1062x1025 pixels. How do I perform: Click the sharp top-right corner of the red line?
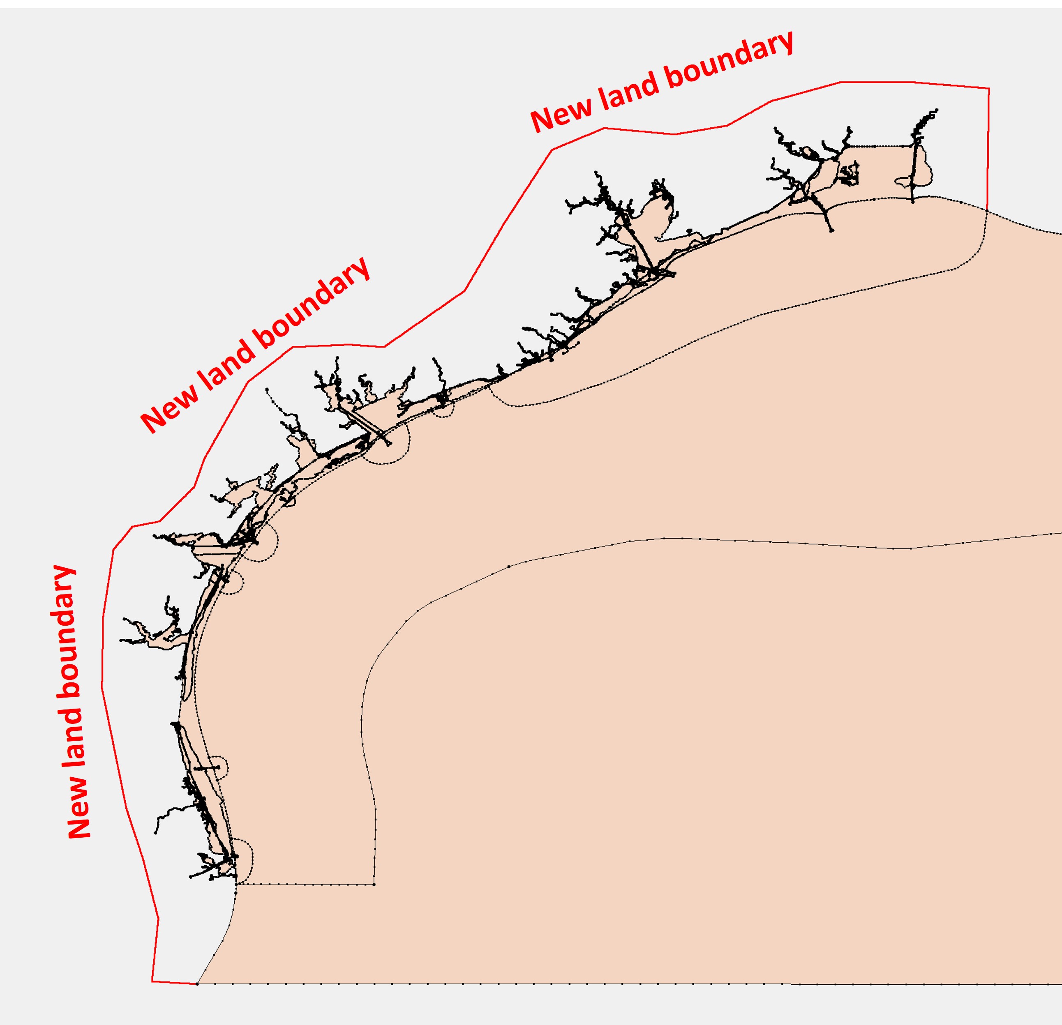click(989, 88)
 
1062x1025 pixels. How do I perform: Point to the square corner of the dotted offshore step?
click(374, 884)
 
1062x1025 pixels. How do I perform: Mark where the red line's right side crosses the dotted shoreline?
click(987, 210)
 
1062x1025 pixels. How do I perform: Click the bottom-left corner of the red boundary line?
click(152, 981)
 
